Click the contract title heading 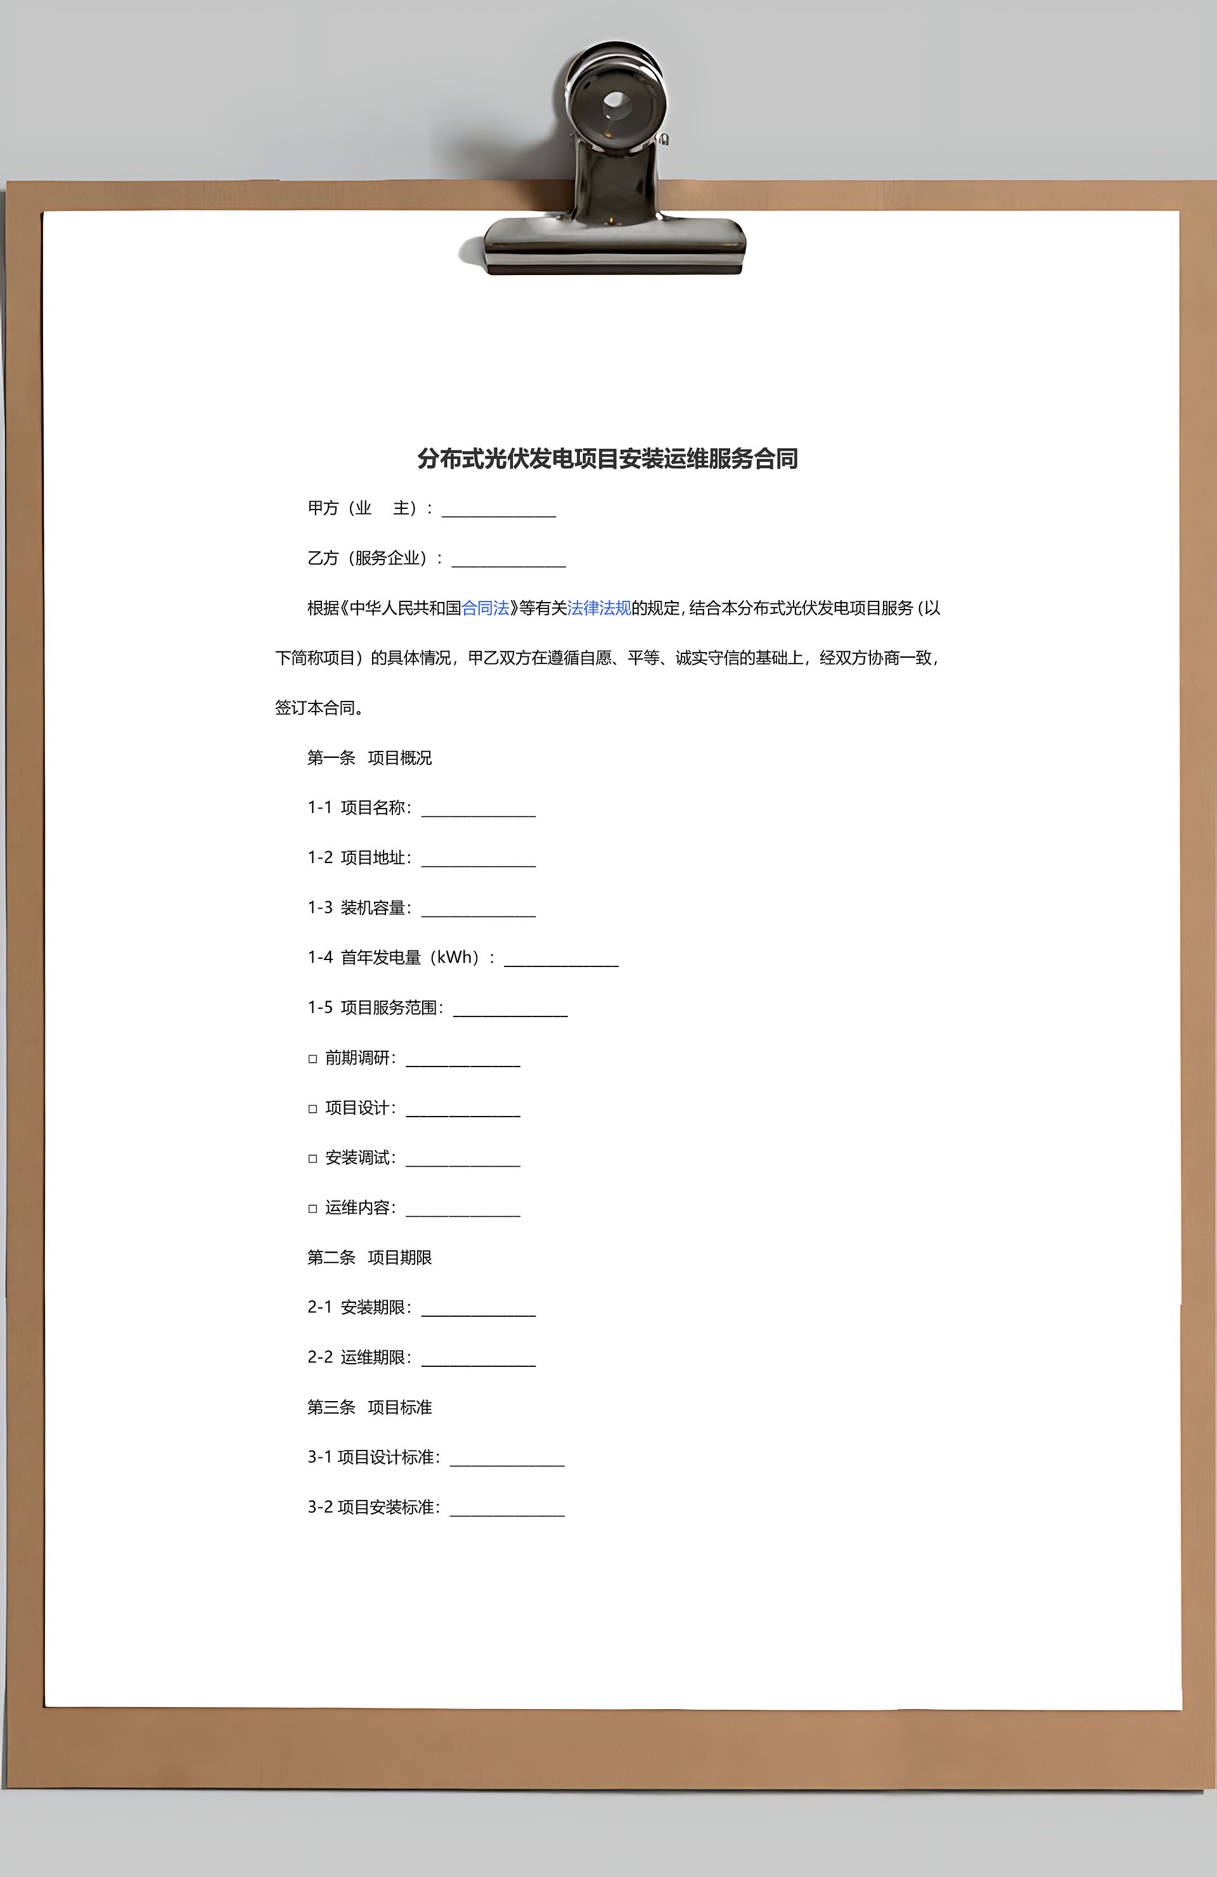607,459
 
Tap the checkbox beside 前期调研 312,1059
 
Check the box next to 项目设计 312,1109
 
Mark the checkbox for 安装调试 312,1158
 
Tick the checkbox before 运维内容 312,1208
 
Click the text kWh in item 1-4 458,958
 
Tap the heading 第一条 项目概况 369,758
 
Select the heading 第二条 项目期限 369,1258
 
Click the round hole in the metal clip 614,103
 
